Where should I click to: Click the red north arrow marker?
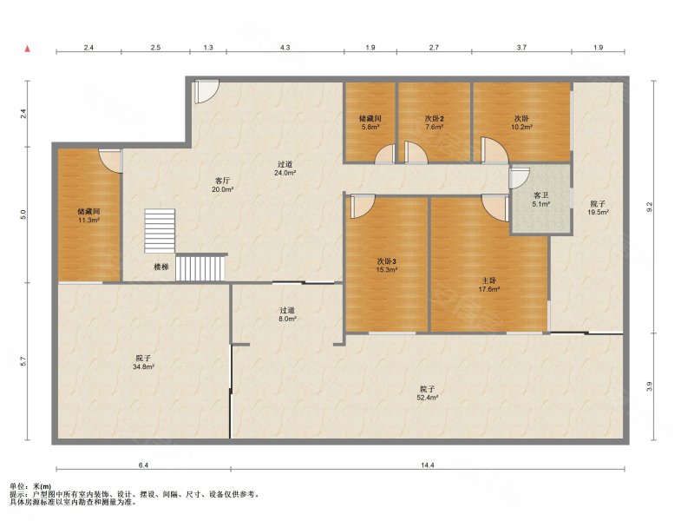28,49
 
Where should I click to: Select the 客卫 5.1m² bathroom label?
541,199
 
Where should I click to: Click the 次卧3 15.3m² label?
387,266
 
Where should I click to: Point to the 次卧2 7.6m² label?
435,122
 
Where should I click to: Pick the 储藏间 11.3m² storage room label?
89,215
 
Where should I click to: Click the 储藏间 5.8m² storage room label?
370,122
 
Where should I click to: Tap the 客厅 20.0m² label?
223,185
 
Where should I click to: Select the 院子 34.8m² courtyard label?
144,362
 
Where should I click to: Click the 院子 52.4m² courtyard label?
428,392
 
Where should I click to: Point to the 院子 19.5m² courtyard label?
598,208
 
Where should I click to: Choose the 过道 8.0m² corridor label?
287,314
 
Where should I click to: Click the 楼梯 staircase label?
161,267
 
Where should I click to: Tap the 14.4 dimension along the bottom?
428,465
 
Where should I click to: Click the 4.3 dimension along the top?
285,48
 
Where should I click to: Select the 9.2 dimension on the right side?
649,207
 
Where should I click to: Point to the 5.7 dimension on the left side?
23,361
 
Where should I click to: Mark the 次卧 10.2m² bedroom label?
521,122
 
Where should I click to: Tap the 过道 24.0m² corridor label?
285,168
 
